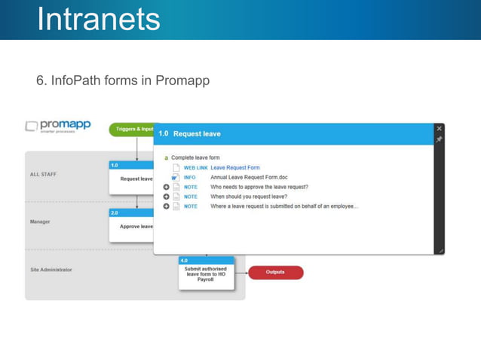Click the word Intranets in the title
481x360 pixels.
pos(99,20)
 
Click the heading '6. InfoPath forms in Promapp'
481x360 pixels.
pos(122,80)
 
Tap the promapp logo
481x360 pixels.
pos(58,126)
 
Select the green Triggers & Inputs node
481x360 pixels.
pos(133,130)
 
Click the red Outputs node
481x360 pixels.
pos(276,272)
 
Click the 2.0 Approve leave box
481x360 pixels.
pos(132,225)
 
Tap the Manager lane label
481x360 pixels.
pos(40,222)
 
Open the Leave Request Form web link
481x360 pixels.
pos(235,167)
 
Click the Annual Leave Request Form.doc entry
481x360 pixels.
pos(249,177)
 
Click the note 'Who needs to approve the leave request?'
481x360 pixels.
pos(259,187)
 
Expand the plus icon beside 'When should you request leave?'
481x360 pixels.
pos(166,197)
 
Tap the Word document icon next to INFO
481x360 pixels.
pos(175,177)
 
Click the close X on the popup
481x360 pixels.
pos(439,129)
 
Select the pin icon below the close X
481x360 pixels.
pos(439,139)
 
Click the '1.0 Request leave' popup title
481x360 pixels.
pos(190,134)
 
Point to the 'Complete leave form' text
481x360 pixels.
pos(195,157)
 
